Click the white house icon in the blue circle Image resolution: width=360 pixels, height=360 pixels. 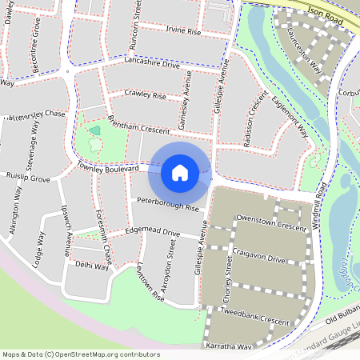pos(180,172)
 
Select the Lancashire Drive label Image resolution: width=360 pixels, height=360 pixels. pos(152,63)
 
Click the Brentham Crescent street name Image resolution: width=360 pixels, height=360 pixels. pos(142,126)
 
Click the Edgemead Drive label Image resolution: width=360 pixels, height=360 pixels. pos(151,232)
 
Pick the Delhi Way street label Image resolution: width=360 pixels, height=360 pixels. pos(91,266)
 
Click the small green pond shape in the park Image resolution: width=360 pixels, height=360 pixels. pos(94,130)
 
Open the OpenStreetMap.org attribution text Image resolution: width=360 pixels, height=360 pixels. pos(80,354)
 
